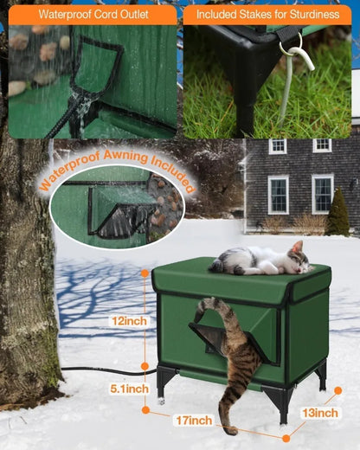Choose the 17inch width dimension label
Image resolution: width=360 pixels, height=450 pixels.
point(192,421)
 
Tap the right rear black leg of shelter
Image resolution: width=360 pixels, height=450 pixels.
point(321,373)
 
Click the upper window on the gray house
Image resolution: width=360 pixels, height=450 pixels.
point(278,145)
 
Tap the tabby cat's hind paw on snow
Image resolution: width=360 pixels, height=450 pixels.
point(229,428)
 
